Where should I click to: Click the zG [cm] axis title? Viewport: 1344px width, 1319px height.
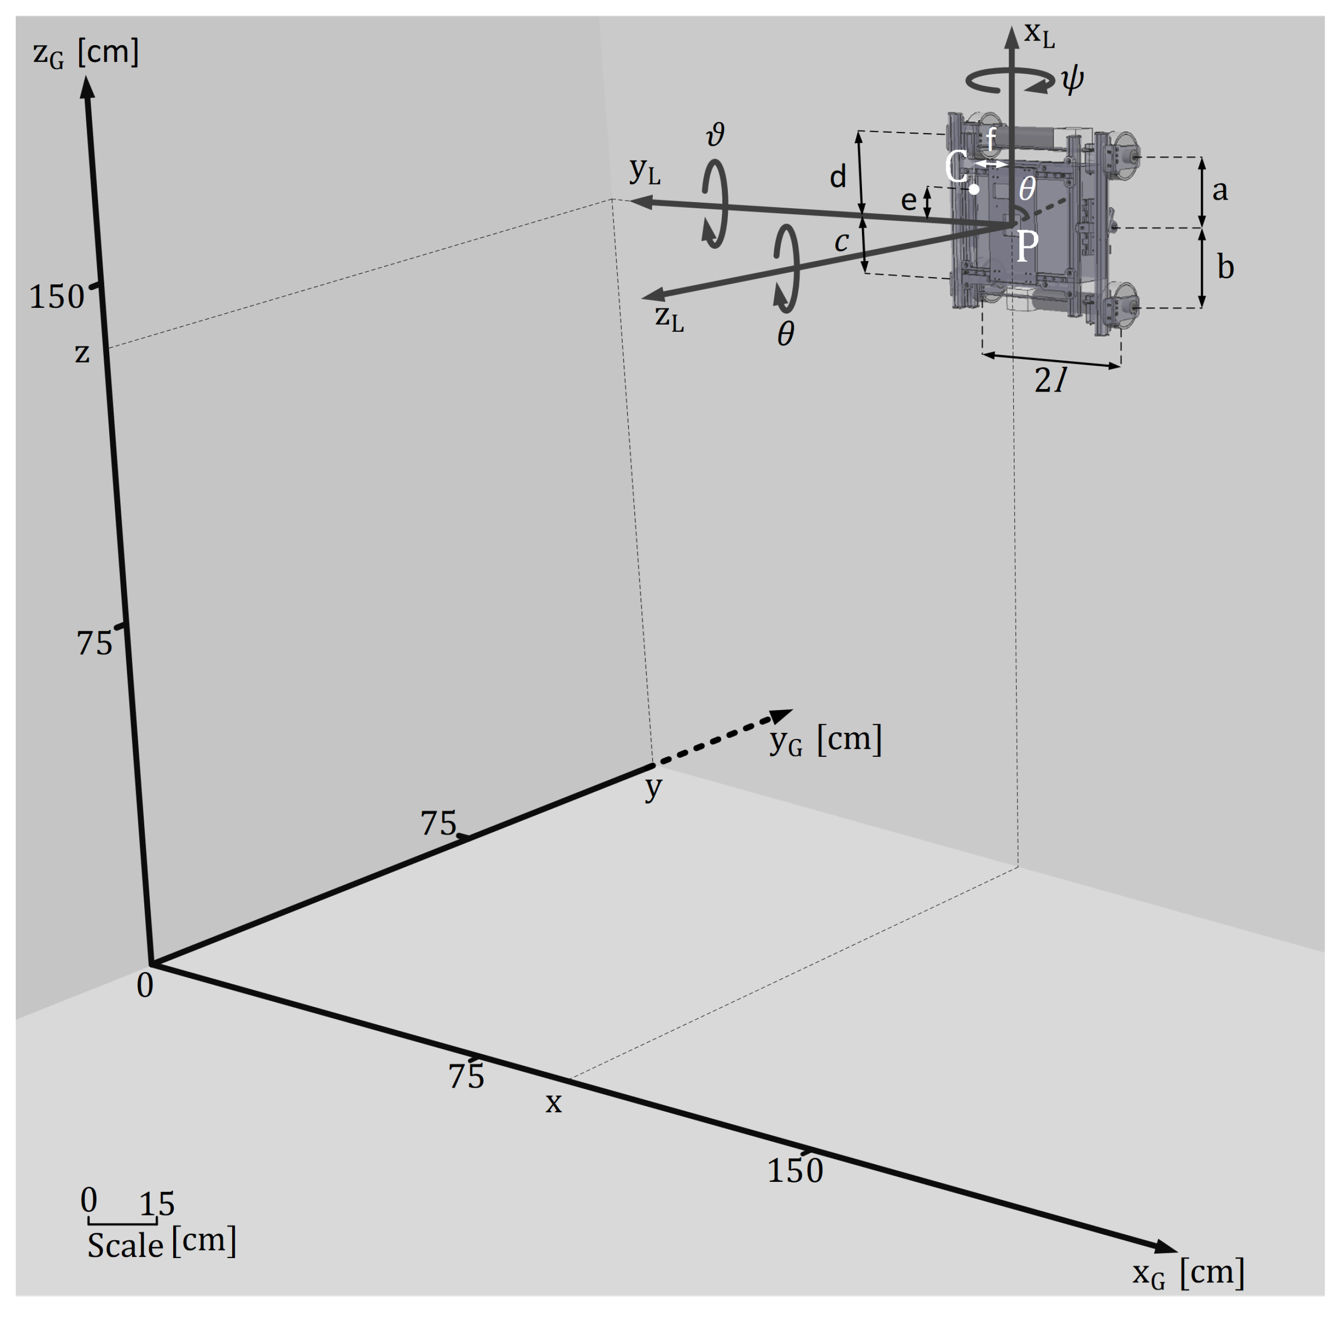85,53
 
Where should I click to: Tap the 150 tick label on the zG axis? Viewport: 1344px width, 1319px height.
56,297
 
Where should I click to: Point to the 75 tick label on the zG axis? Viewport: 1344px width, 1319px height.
94,644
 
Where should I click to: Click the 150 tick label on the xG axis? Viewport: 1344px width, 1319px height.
794,1171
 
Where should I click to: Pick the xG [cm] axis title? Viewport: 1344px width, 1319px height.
1188,1273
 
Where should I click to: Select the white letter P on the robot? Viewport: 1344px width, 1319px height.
1028,246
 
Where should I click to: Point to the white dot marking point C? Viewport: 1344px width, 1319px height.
974,188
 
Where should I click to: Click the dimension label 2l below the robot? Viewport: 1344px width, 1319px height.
1049,380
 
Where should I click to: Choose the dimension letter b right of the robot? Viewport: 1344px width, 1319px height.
1225,267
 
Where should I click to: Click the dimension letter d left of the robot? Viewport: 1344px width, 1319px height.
838,177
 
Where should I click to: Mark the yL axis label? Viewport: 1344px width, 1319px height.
644,171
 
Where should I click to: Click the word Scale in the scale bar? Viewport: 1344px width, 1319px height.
125,1245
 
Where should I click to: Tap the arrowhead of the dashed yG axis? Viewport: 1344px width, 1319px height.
782,716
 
